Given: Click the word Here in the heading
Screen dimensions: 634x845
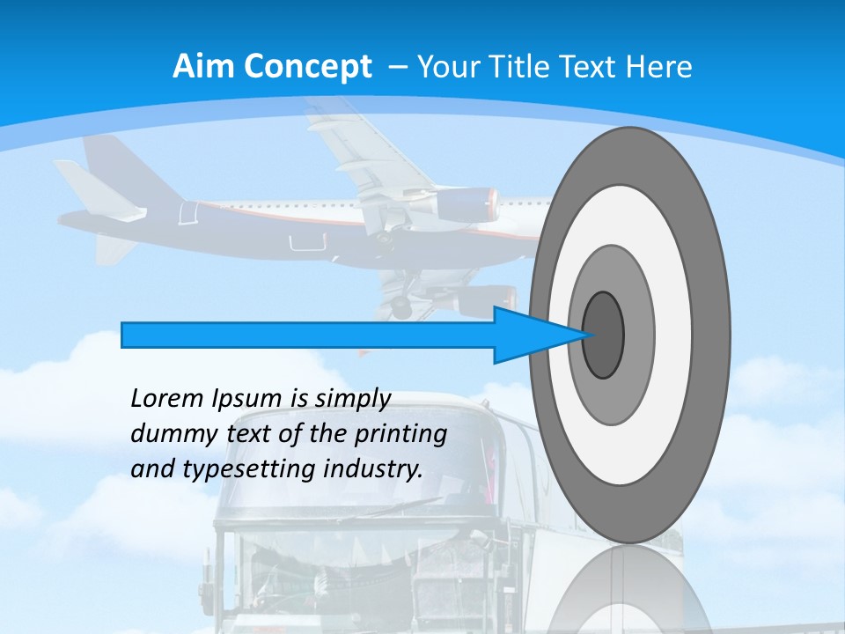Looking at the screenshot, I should [661, 67].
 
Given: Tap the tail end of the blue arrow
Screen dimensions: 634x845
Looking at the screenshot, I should [124, 335].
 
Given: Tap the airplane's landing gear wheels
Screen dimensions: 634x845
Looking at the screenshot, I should [400, 306].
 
